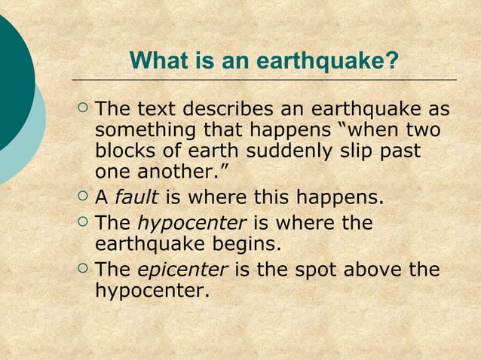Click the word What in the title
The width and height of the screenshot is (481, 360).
155,60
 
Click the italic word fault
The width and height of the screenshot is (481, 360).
136,198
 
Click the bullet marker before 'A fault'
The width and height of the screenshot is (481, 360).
83,198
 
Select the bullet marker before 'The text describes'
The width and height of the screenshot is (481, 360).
83,110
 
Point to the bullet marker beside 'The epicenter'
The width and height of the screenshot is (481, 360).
83,269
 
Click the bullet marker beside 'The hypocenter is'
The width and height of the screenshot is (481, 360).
83,223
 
